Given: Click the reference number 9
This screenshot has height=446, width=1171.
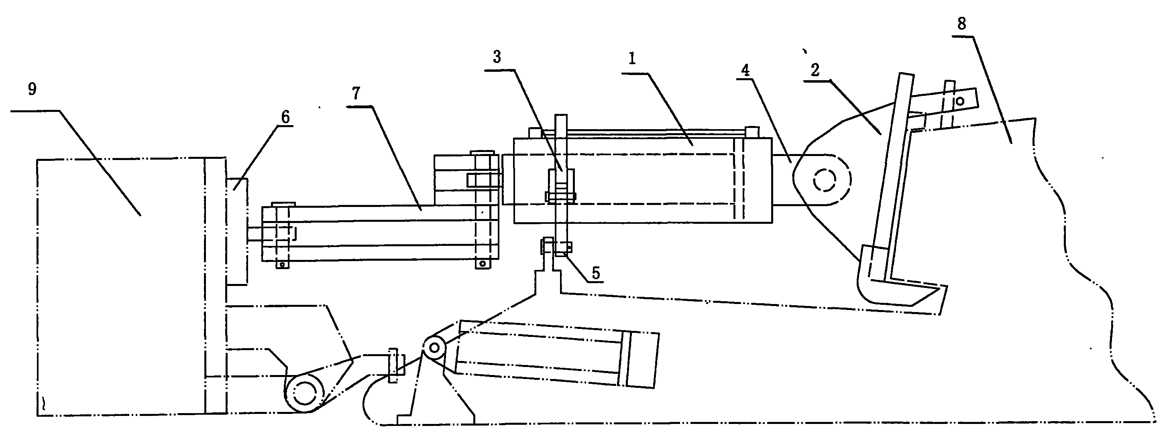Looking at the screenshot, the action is coord(32,89).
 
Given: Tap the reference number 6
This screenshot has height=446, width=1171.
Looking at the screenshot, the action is coord(285,117).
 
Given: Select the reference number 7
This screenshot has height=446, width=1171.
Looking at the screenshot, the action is coord(356,93).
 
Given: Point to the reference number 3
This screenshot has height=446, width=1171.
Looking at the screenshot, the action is coord(497,57).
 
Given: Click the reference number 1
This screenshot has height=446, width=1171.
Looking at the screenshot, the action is coord(632,58).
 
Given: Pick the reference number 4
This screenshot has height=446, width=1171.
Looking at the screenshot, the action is coord(745,70).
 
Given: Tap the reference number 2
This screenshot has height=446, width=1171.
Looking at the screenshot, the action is coord(815,70).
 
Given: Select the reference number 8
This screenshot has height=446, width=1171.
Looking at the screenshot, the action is coord(961,24).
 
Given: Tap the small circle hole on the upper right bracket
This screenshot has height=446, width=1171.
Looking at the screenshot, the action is coord(960,101).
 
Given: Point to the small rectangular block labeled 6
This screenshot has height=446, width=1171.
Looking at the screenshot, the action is coord(237,232).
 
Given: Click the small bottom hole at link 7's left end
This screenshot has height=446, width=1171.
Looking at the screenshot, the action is coord(282,264).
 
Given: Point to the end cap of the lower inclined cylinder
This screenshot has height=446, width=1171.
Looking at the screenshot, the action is coord(641,360).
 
